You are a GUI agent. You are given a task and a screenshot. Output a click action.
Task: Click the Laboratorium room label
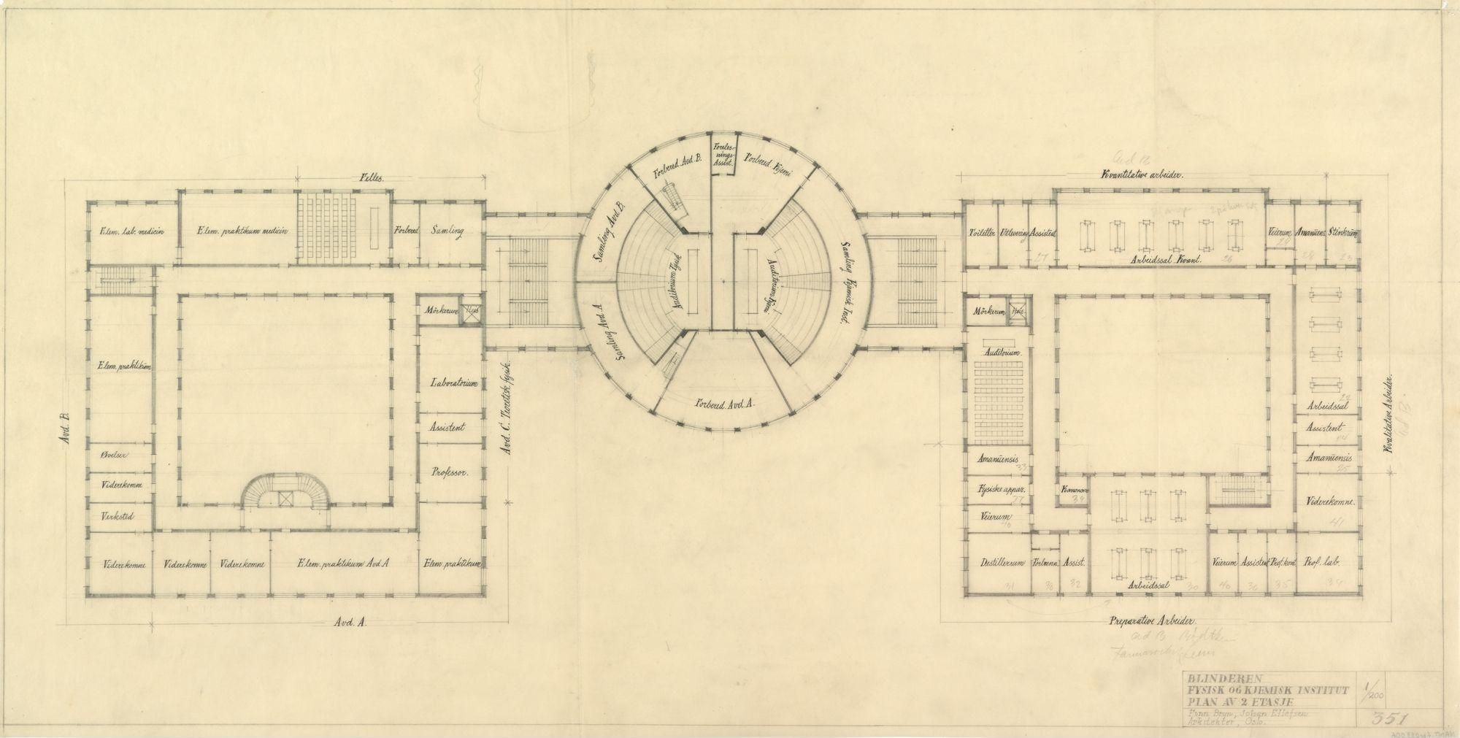(x=454, y=383)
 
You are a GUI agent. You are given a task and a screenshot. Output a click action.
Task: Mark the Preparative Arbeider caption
(x=1149, y=621)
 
